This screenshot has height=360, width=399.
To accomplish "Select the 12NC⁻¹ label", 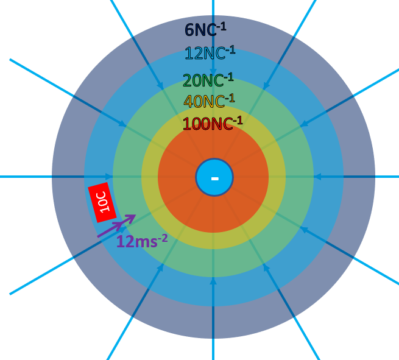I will pyautogui.click(x=210, y=54).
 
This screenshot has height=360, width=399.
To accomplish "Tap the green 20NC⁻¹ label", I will pyautogui.click(x=208, y=80).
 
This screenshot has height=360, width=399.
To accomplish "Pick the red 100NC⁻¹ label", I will pyautogui.click(x=212, y=124).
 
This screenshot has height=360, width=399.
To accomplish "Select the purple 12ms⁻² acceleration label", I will pyautogui.click(x=141, y=241).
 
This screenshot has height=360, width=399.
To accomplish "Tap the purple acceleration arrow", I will pyautogui.click(x=117, y=225).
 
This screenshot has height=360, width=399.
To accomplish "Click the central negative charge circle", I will pyautogui.click(x=214, y=177).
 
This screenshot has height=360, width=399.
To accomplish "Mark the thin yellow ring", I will pyautogui.click(x=150, y=177).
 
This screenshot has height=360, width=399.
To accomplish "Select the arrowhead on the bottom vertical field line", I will pyautogui.click(x=213, y=281).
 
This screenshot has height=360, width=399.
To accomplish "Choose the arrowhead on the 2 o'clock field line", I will pyautogui.click(x=303, y=124).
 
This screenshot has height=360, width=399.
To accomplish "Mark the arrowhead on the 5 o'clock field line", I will pyautogui.click(x=266, y=267).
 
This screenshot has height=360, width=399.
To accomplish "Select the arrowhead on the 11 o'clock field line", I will pyautogui.click(x=161, y=86).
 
